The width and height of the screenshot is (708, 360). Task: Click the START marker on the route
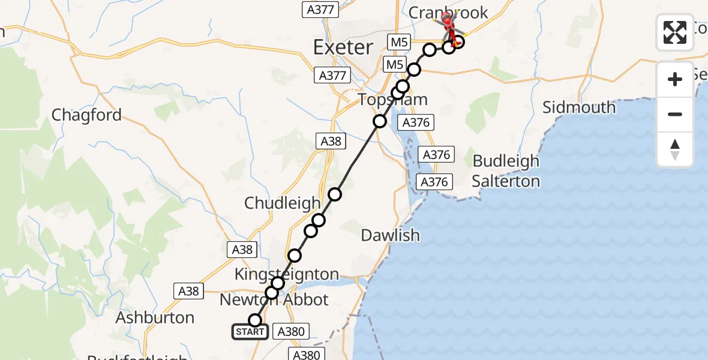tap(250, 332)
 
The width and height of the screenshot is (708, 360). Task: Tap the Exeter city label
tap(343, 47)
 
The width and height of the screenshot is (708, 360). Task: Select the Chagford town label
tap(86, 115)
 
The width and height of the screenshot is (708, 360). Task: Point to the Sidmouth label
tap(578, 107)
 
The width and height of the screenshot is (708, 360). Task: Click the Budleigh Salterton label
tap(506, 171)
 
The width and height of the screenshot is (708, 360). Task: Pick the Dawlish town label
tap(390, 235)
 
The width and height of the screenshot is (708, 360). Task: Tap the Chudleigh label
tap(282, 203)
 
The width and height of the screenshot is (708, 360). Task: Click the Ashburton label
tap(155, 317)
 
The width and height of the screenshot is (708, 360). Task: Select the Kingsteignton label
tap(286, 275)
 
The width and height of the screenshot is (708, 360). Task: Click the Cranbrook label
tap(448, 12)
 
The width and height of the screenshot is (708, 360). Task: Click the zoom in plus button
tap(675, 79)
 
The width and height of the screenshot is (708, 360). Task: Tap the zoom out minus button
tap(675, 114)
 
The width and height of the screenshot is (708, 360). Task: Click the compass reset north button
tap(675, 149)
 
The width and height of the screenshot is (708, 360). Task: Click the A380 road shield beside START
tap(292, 331)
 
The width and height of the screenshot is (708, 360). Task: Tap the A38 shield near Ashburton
tap(189, 291)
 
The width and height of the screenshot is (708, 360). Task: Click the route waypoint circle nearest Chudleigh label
tap(319, 220)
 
